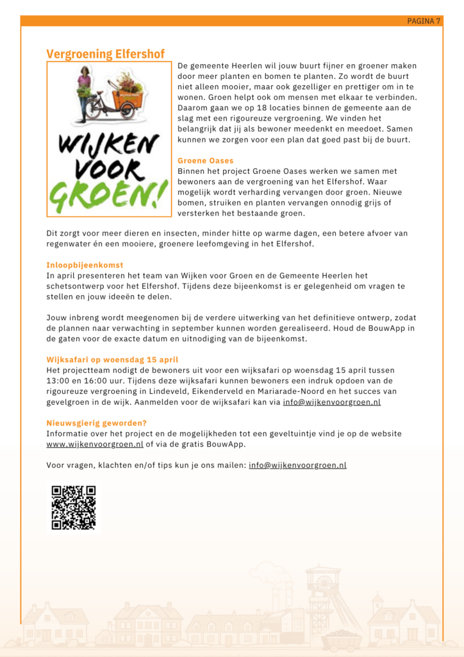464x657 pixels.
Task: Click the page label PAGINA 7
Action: tap(424, 21)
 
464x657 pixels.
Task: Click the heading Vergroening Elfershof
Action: tap(105, 54)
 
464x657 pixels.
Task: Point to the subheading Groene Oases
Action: tap(205, 160)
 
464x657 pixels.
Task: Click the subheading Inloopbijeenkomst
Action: tap(85, 265)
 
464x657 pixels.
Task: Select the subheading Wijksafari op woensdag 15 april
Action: tap(112, 360)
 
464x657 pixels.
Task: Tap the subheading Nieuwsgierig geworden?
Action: tap(96, 423)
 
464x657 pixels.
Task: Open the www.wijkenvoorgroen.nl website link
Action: tap(95, 444)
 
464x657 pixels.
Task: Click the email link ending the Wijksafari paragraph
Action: tap(331, 402)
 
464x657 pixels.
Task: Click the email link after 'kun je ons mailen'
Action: tap(297, 465)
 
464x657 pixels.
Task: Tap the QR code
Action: tap(74, 508)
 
